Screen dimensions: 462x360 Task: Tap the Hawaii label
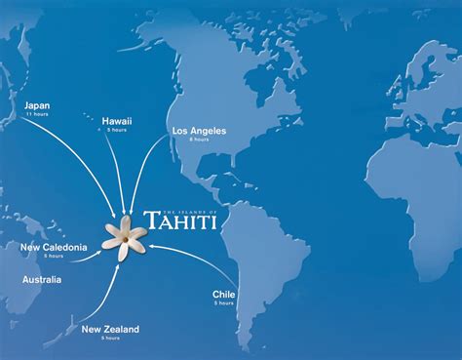(117, 121)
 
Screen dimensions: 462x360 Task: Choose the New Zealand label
(110, 330)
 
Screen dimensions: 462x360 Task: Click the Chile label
(223, 294)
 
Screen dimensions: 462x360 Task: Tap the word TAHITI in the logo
(180, 220)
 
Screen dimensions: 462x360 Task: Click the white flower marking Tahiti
(126, 236)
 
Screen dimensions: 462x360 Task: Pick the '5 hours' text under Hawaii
(117, 131)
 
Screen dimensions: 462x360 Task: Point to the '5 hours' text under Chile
(223, 303)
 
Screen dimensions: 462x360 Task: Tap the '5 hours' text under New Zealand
(109, 339)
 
